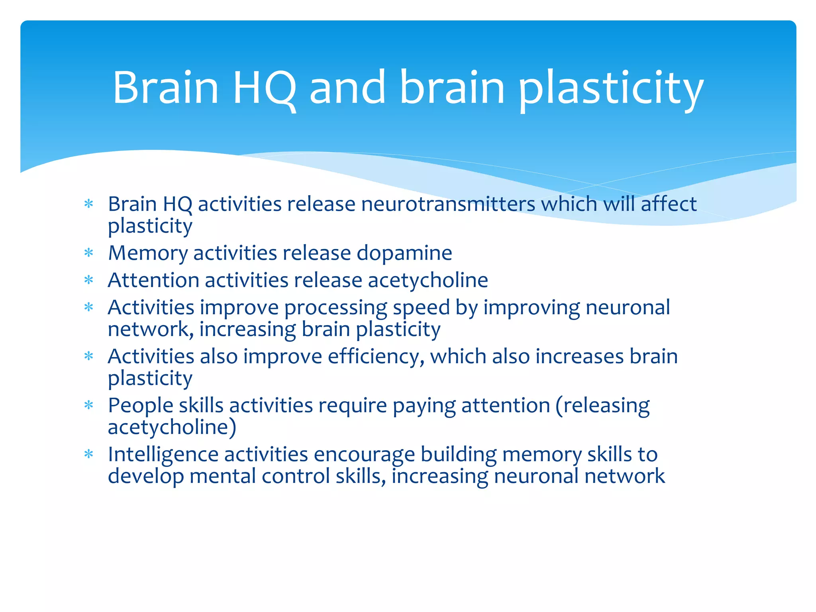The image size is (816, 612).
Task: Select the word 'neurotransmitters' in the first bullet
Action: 448,204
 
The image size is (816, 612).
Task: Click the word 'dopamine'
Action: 404,253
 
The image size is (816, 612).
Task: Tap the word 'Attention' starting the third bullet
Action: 153,280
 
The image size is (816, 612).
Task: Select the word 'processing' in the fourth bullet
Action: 335,308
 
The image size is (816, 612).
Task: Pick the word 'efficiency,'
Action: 376,357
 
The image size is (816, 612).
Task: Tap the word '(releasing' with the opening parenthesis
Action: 602,406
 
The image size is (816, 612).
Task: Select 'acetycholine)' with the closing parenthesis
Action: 172,427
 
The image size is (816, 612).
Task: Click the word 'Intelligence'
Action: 163,455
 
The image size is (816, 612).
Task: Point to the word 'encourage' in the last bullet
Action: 364,455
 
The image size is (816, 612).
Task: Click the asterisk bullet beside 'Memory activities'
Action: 89,253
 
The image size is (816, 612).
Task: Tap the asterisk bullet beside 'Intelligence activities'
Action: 89,455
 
